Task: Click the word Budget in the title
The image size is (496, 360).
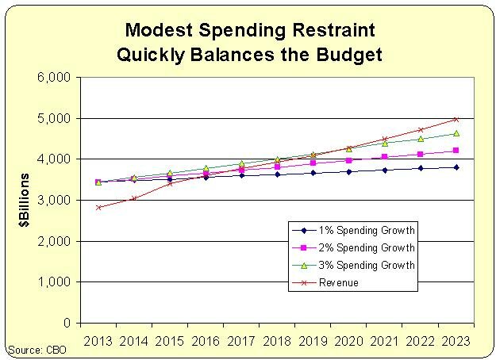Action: click(x=344, y=55)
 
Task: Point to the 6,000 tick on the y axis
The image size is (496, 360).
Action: click(x=57, y=78)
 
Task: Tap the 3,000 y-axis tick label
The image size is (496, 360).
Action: click(x=57, y=201)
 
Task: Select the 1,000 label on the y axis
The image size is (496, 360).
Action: click(x=57, y=282)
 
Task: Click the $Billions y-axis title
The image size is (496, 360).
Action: click(x=26, y=201)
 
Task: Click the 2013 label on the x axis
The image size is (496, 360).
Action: click(x=98, y=340)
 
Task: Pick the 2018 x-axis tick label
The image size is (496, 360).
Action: click(x=277, y=340)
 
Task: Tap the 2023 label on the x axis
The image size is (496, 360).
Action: click(x=456, y=340)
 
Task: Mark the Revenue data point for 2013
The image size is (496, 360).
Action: click(x=98, y=207)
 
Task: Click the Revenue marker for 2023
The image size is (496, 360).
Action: click(x=456, y=119)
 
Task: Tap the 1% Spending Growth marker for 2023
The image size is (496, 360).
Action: click(x=456, y=167)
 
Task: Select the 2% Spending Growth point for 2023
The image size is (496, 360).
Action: click(x=456, y=151)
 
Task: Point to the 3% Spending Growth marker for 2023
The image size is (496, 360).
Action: click(x=456, y=133)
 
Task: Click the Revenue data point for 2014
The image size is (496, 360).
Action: click(x=133, y=198)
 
